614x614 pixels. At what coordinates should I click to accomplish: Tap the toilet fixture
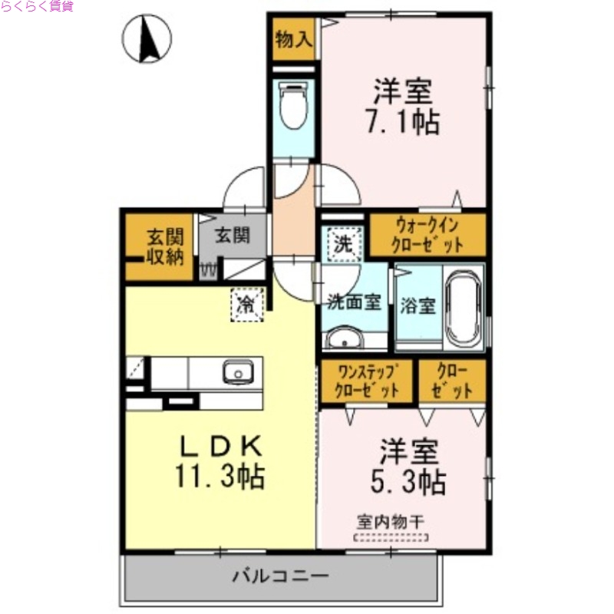point(292,105)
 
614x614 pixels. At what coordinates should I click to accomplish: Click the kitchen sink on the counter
point(236,373)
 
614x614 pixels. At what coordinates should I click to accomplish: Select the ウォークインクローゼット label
point(427,235)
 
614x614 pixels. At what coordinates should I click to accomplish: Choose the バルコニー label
point(281,575)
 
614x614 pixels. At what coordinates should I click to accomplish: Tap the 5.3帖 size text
point(408,482)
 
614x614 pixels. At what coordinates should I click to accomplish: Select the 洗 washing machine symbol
point(342,246)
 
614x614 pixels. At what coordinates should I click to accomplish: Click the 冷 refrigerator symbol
point(247,304)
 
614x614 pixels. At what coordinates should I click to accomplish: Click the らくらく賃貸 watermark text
point(37,7)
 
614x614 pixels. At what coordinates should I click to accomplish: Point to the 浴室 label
point(418,305)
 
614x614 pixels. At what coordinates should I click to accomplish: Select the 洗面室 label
point(354,302)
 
